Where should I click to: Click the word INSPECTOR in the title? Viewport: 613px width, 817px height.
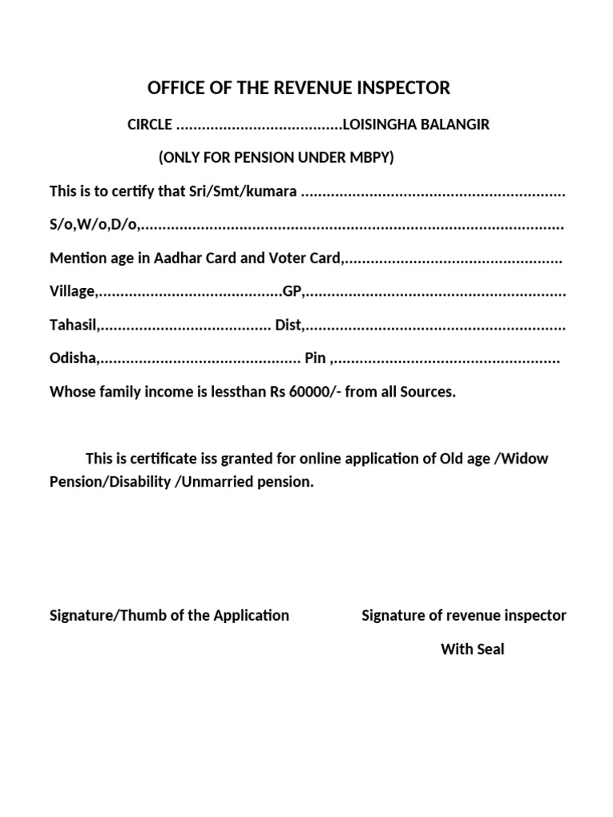405,88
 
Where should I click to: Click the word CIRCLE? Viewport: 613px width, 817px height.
149,125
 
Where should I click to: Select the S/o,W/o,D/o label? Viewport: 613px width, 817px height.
93,226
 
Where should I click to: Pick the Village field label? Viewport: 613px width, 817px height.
73,292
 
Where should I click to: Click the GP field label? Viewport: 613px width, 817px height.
292,292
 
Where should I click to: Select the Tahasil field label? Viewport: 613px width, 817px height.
73,326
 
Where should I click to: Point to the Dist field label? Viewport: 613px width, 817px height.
289,326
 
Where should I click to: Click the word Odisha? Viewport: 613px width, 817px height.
73,359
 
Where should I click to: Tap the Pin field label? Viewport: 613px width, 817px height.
316,359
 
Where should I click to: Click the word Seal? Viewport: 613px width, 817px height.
490,649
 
